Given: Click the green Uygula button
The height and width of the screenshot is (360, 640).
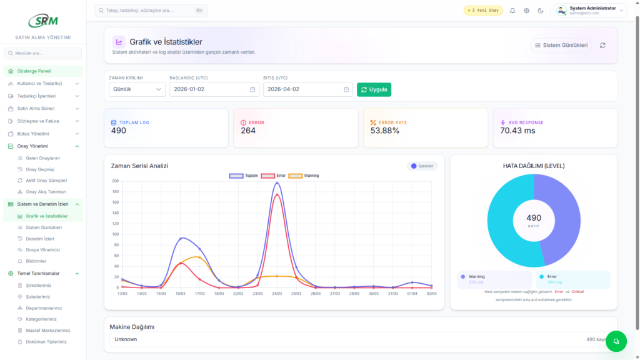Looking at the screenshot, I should [374, 89].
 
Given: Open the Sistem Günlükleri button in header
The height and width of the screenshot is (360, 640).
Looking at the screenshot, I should [561, 45].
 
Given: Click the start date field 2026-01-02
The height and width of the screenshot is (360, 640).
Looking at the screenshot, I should [214, 89].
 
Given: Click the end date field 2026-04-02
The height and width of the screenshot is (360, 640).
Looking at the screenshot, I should [307, 89].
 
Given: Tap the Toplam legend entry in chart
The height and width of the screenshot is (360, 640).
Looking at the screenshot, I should [244, 176].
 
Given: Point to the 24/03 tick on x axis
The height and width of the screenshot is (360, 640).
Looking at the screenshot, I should [277, 294].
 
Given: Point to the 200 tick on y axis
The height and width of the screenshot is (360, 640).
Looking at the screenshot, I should [115, 181].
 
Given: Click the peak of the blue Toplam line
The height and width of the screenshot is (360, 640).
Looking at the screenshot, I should [277, 183].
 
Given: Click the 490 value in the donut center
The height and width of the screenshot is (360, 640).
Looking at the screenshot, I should [534, 218].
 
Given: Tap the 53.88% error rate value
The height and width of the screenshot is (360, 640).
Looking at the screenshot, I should [385, 131].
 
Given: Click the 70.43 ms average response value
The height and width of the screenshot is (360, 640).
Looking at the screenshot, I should [517, 131].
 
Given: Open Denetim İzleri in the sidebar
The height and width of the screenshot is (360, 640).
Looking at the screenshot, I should [40, 239].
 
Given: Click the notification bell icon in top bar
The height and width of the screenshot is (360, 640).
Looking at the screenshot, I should [512, 11].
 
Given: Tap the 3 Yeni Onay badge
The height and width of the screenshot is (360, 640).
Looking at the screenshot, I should [483, 11].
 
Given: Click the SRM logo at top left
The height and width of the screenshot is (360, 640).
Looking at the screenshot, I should [42, 20].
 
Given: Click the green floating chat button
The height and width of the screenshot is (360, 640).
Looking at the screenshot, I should [616, 341].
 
